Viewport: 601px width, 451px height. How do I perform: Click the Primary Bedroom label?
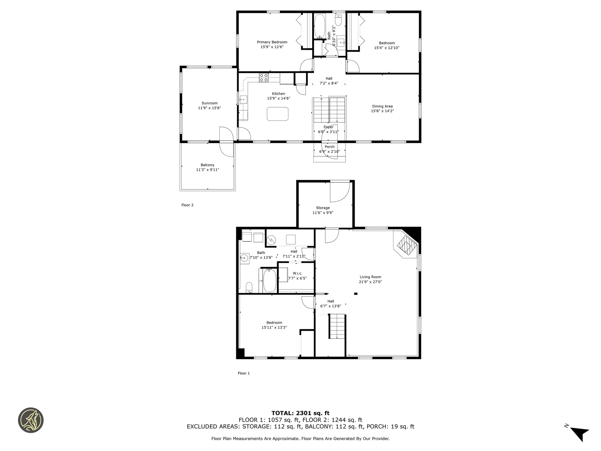tap(272, 42)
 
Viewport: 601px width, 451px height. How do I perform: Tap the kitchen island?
tap(277, 114)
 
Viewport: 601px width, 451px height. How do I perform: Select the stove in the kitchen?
tap(264, 77)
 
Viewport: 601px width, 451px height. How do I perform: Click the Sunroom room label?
tap(209, 103)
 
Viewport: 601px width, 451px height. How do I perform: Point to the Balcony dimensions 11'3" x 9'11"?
tap(208, 170)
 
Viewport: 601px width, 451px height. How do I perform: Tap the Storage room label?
tap(323, 208)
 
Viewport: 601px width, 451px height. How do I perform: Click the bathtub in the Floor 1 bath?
tap(270, 281)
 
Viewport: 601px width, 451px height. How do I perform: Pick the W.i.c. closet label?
tap(297, 273)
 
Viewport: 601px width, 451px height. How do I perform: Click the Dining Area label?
tap(382, 106)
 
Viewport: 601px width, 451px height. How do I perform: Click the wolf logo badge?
tap(31, 420)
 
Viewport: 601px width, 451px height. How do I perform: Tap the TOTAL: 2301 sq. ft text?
tap(300, 413)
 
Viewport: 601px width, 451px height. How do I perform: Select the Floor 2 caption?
tap(187, 205)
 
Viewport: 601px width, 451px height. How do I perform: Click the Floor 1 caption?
tap(244, 373)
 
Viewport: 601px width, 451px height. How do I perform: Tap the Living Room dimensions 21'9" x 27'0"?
tap(370, 282)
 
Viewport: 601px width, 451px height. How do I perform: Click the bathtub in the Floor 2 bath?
tap(320, 26)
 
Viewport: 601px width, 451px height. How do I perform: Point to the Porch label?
tap(330, 147)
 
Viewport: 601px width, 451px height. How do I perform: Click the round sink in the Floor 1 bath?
tap(244, 258)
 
